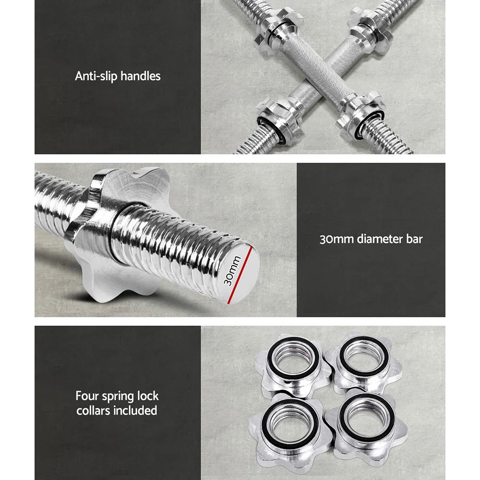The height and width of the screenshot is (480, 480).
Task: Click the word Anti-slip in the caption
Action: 96,76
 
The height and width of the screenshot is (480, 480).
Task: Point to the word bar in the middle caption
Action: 414,239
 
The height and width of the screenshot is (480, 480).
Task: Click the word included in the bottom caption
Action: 137,410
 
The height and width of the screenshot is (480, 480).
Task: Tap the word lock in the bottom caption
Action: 146,396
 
